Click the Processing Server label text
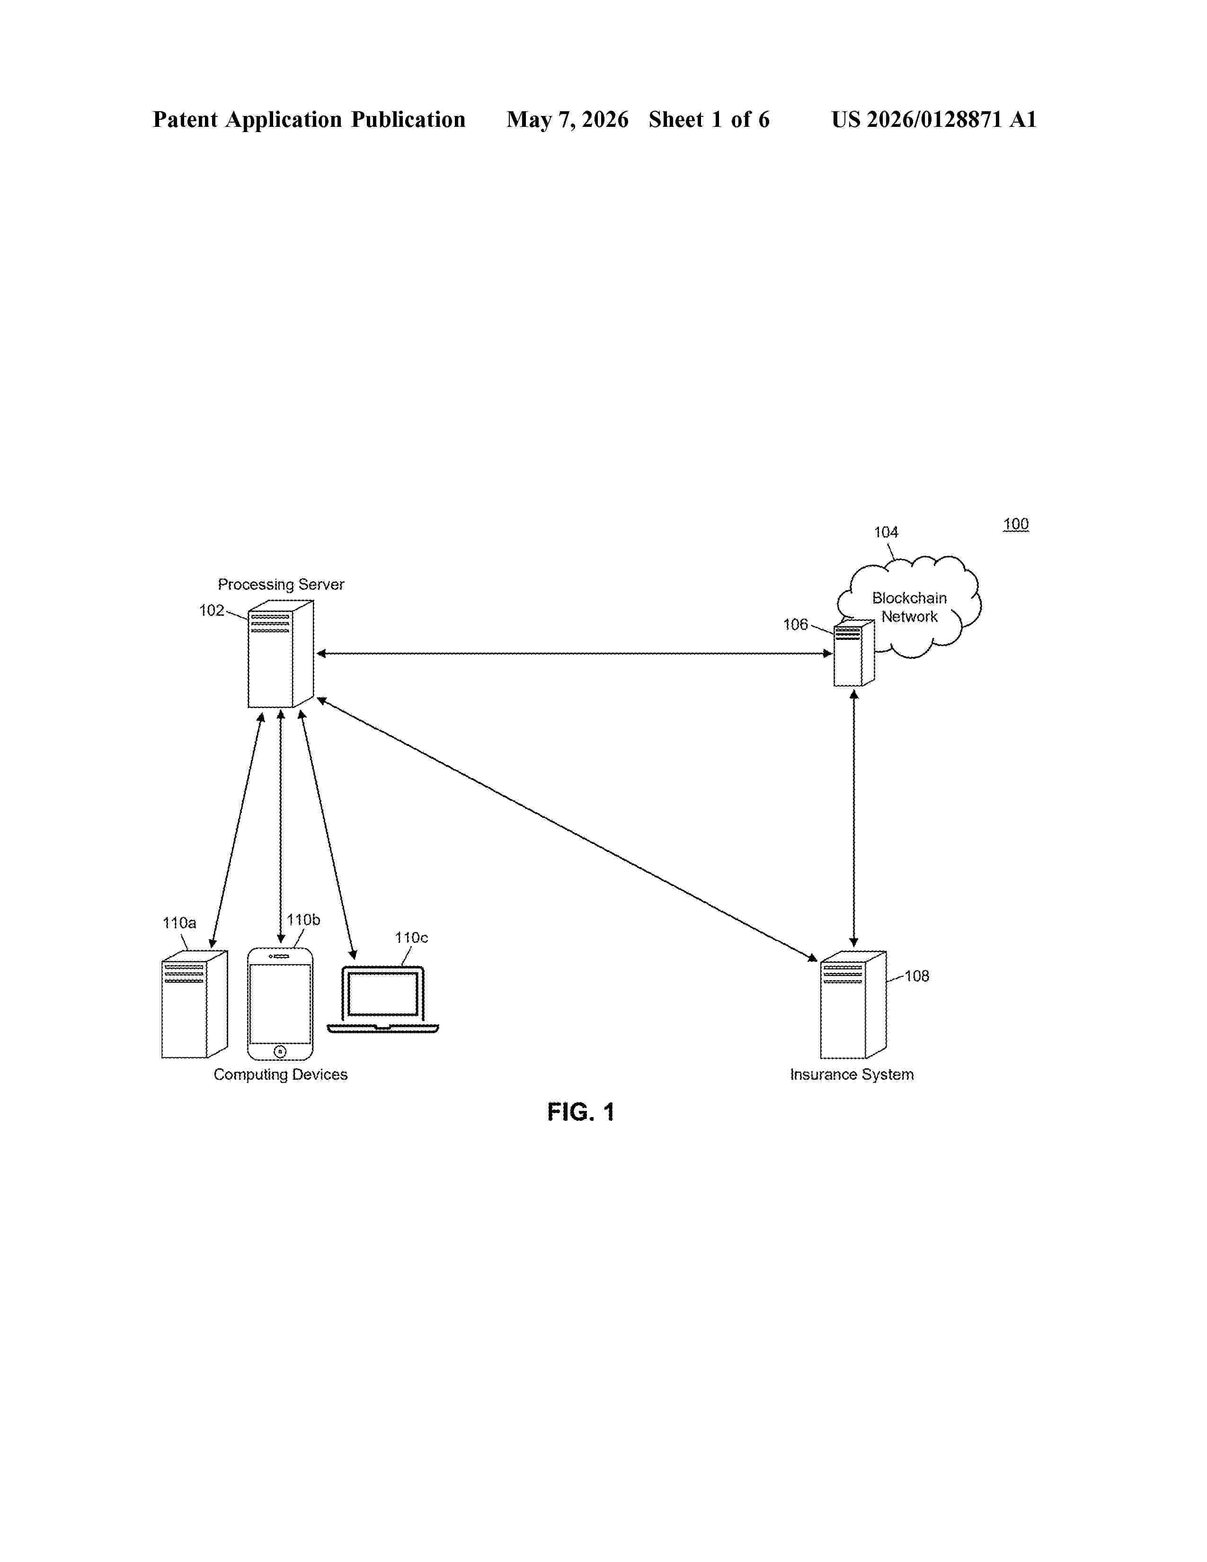click(281, 584)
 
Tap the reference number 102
click(212, 610)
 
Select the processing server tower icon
click(280, 654)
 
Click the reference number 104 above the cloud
click(886, 532)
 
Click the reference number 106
click(795, 624)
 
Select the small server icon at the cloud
click(854, 653)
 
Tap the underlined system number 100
click(1015, 524)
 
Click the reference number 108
click(917, 976)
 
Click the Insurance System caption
click(852, 1074)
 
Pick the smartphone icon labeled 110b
click(280, 1004)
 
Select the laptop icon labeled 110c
click(382, 1000)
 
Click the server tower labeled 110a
click(195, 1004)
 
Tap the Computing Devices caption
click(280, 1074)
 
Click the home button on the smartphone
click(280, 1051)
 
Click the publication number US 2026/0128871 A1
click(934, 119)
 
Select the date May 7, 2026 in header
click(568, 119)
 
